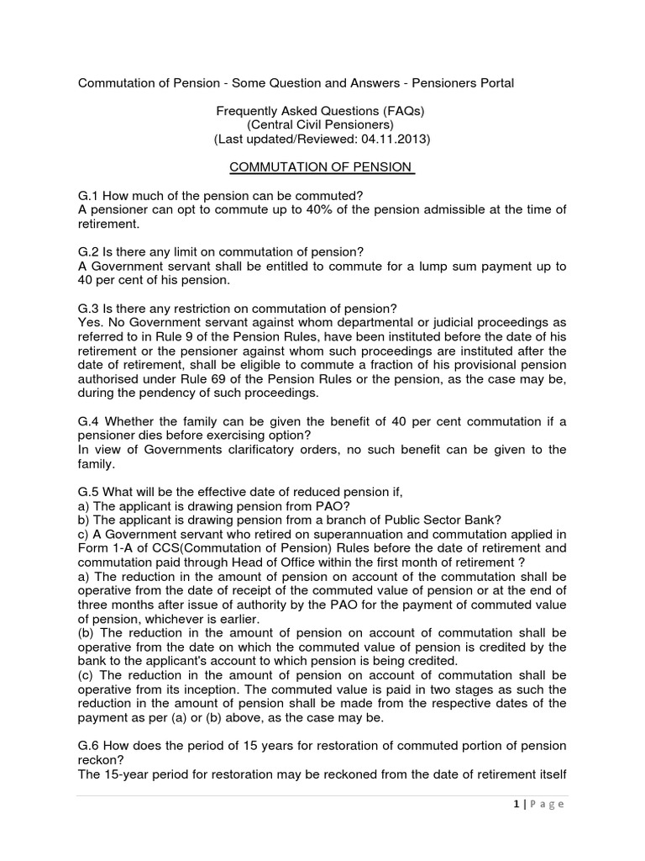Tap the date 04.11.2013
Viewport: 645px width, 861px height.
pos(395,139)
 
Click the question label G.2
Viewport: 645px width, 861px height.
pos(89,252)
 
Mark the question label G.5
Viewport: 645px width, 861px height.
pos(89,491)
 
